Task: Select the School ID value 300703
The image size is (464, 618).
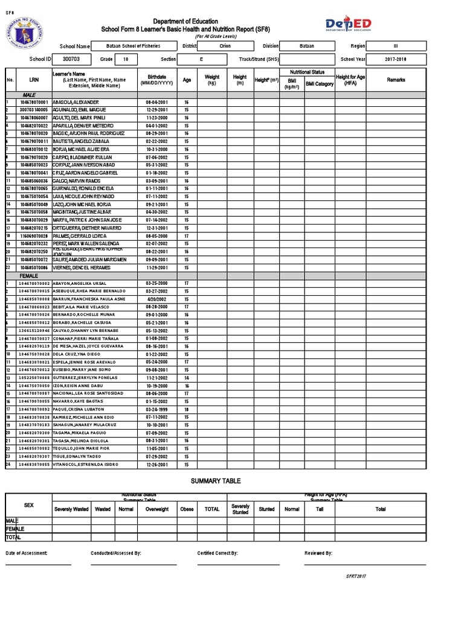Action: click(x=71, y=60)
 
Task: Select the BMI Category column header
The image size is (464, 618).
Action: click(x=319, y=84)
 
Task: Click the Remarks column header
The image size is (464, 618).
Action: click(x=396, y=80)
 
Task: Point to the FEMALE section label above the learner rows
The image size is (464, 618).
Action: click(x=29, y=275)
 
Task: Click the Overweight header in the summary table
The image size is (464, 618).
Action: click(x=156, y=509)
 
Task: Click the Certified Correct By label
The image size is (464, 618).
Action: click(x=217, y=553)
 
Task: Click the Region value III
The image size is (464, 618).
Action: click(x=396, y=46)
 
